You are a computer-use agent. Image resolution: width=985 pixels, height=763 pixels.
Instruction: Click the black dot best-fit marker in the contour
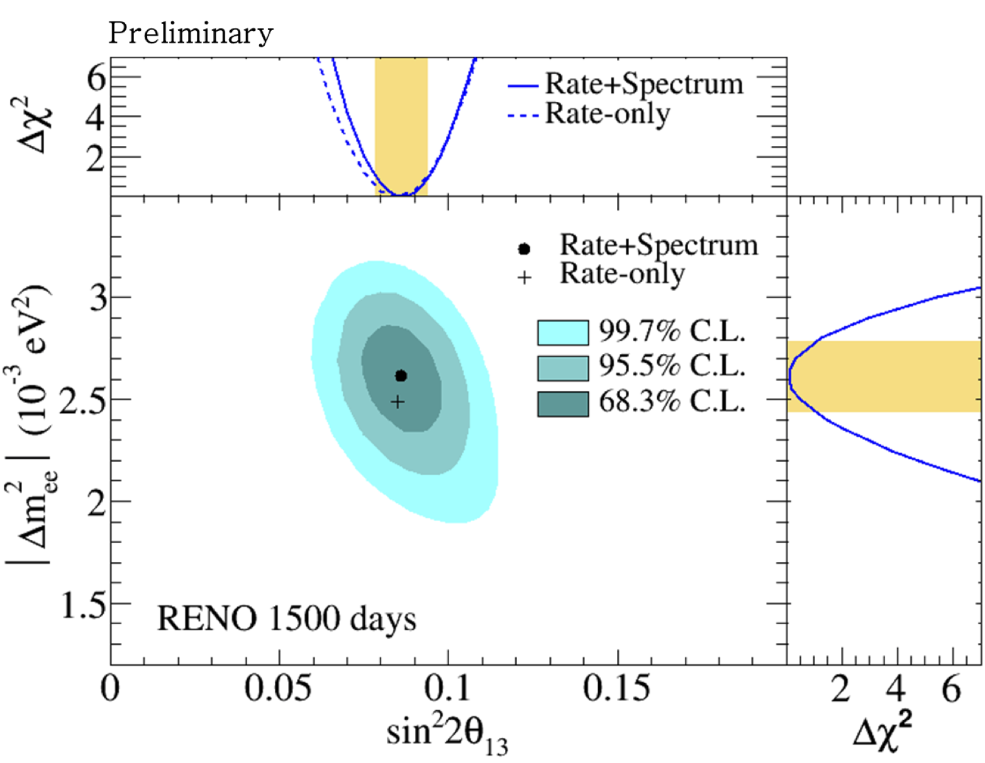pos(401,376)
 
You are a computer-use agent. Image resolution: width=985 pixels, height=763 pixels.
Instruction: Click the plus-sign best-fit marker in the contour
pos(398,402)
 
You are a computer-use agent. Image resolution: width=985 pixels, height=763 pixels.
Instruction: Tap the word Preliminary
pos(191,33)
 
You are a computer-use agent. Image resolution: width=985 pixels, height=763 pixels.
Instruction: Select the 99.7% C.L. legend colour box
pos(562,332)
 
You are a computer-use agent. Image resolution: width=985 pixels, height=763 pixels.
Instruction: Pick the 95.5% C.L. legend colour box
pos(562,368)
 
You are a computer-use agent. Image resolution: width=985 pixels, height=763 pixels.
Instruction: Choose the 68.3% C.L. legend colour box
pos(562,403)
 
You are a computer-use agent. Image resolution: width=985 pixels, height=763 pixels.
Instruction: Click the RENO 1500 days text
pos(286,619)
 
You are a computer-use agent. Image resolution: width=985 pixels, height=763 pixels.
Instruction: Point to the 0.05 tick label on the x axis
pos(277,688)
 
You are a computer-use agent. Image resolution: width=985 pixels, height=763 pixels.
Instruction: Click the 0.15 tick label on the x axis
pos(616,688)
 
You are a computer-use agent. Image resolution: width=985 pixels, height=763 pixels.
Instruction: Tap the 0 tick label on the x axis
pos(111,688)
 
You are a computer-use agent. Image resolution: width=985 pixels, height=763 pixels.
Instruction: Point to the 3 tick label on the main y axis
pos(97,297)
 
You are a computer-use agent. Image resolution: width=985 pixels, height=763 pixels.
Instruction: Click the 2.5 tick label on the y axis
pos(82,400)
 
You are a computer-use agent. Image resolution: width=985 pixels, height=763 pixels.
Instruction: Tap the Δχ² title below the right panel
pos(882,731)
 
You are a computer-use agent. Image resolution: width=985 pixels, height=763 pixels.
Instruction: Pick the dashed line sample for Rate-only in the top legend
pos(523,116)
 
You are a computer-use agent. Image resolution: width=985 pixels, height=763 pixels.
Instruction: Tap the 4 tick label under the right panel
pos(896,689)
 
